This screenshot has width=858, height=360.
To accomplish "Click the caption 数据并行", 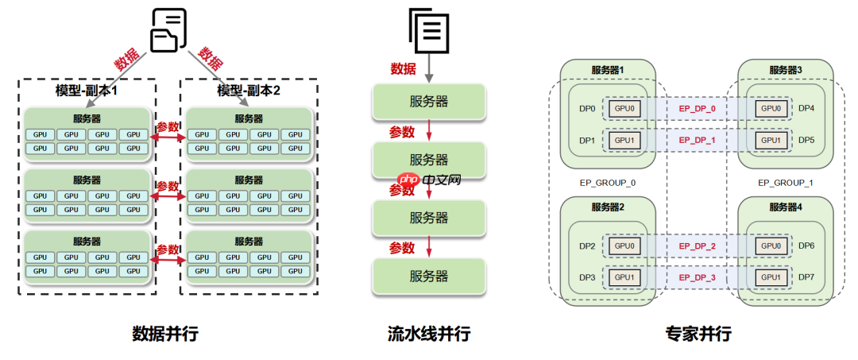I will [x=164, y=334].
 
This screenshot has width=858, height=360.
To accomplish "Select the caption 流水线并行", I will [x=429, y=334].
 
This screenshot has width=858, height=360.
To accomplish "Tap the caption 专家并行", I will [x=698, y=334].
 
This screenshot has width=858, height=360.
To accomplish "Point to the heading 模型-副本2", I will [x=249, y=91].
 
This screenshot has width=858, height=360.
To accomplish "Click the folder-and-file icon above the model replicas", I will [x=168, y=29].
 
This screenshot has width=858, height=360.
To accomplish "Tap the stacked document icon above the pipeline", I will [x=429, y=29].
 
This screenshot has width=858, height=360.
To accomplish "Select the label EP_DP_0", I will [x=697, y=108].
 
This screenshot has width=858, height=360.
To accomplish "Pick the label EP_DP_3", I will [x=697, y=277].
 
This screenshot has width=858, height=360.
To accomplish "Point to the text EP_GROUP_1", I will [x=785, y=182].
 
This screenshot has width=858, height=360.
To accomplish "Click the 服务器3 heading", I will [x=785, y=70].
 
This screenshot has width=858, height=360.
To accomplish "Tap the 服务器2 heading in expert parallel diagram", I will [x=608, y=207].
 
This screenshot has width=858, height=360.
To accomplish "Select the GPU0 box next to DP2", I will [x=624, y=246].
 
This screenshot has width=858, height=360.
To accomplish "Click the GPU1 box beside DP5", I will [x=771, y=140].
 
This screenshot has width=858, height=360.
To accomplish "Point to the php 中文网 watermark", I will [x=429, y=180].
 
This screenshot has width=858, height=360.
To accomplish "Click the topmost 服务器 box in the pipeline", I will [x=429, y=101].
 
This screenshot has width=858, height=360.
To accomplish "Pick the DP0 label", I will [x=588, y=108].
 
